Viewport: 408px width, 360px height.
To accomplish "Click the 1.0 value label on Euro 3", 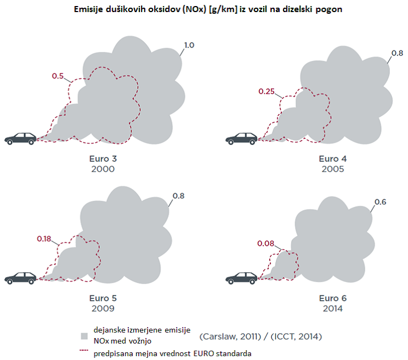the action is [189, 46].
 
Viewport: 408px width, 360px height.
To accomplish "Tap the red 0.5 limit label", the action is [58, 76].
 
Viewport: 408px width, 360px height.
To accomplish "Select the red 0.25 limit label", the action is [267, 91].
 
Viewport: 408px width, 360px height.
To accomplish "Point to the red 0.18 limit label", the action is [44, 239].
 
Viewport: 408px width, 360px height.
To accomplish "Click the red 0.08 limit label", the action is [265, 243].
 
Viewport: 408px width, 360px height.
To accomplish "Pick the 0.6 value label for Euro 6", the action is [381, 202].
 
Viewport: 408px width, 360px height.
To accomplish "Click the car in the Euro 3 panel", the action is [20, 138].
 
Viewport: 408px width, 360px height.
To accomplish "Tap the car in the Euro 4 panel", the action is [241, 138].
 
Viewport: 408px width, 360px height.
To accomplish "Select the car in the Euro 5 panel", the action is [20, 278].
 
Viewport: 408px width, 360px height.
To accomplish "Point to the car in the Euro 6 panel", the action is [241, 278].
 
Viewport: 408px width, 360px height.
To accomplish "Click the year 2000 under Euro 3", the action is [103, 169].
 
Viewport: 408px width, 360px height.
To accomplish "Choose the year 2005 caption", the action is [333, 169].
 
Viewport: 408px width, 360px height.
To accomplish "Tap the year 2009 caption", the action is [103, 308].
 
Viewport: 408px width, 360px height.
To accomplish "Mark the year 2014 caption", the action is [333, 308].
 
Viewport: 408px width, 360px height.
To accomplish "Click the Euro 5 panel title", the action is [103, 299].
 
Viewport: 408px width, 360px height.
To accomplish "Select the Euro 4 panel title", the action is [333, 159].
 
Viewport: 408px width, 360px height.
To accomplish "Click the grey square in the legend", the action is [84, 336].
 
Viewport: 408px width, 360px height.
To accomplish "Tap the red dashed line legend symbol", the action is [84, 350].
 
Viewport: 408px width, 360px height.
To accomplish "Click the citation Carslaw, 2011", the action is [230, 336].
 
